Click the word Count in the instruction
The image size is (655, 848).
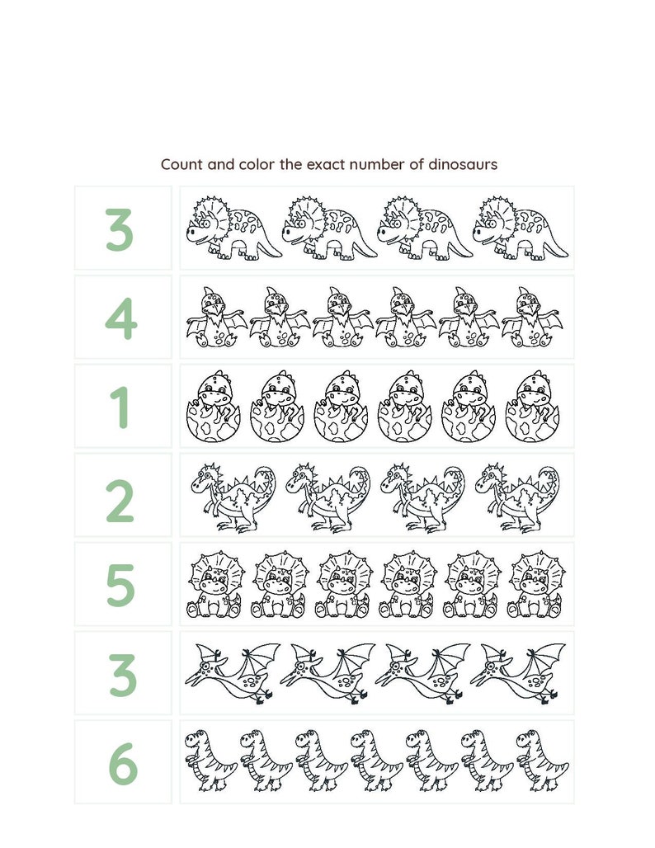click(x=181, y=164)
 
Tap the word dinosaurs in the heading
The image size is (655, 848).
click(x=463, y=164)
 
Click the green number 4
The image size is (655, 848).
click(x=121, y=318)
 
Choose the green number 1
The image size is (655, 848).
click(x=121, y=407)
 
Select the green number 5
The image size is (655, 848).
click(x=120, y=585)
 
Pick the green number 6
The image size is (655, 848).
click(x=122, y=763)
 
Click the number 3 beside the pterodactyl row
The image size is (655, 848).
click(x=121, y=674)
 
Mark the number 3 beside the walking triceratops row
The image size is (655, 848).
click(x=120, y=228)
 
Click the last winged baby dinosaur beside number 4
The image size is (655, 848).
click(x=533, y=318)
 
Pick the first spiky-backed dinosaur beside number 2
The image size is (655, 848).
click(x=234, y=497)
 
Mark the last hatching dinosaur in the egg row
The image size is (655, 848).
click(x=532, y=407)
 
